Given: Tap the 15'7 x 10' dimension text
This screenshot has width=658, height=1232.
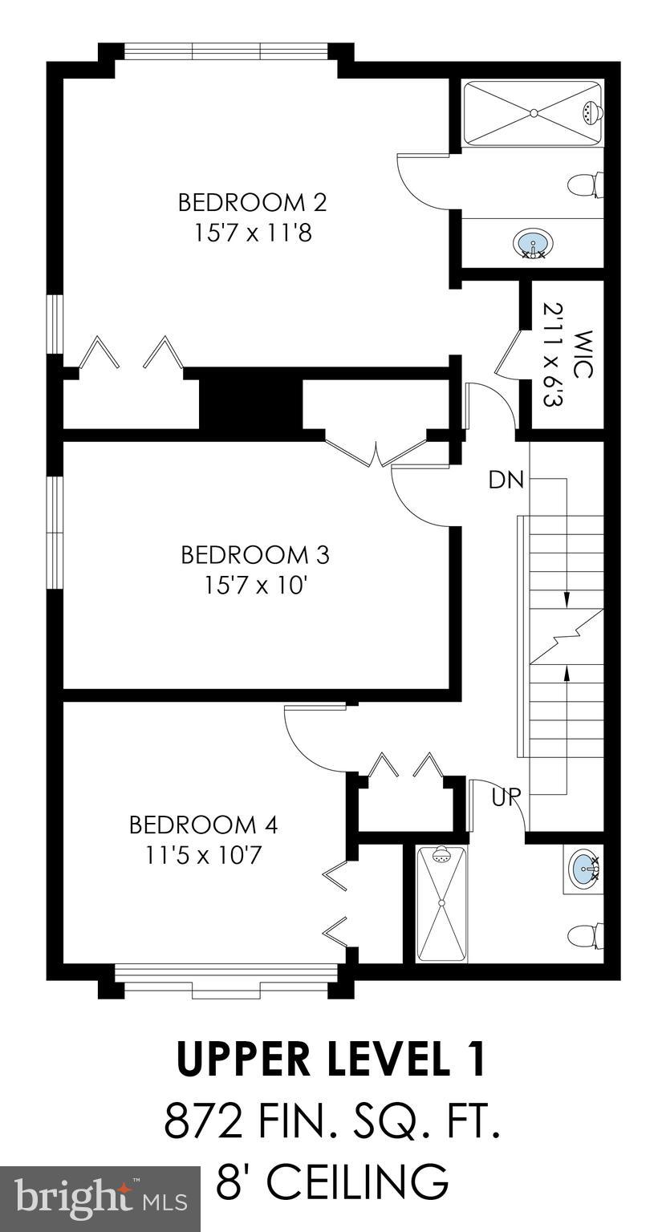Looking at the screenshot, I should pyautogui.click(x=256, y=586).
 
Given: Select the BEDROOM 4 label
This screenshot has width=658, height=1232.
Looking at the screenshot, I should pyautogui.click(x=203, y=825).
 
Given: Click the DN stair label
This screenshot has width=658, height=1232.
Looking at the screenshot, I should pyautogui.click(x=506, y=480).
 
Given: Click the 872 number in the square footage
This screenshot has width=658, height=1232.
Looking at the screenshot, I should pyautogui.click(x=202, y=1121).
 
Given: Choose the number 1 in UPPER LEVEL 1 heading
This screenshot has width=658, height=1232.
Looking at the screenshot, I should pyautogui.click(x=475, y=1059).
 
